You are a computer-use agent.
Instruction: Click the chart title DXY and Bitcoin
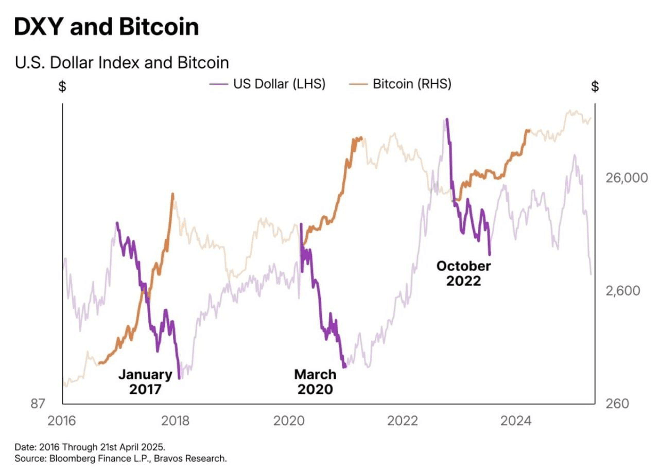(106, 27)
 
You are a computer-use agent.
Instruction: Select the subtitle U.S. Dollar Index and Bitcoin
(122, 63)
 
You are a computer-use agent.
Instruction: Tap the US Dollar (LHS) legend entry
(268, 84)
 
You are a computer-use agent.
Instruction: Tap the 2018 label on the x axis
(176, 421)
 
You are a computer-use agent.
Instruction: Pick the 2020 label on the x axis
(288, 421)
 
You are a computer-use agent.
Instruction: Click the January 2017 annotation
(145, 381)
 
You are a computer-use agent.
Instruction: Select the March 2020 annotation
(315, 381)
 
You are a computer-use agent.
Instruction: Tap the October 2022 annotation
(463, 273)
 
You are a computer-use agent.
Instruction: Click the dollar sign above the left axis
(62, 86)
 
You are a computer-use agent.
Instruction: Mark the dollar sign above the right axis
(595, 86)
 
